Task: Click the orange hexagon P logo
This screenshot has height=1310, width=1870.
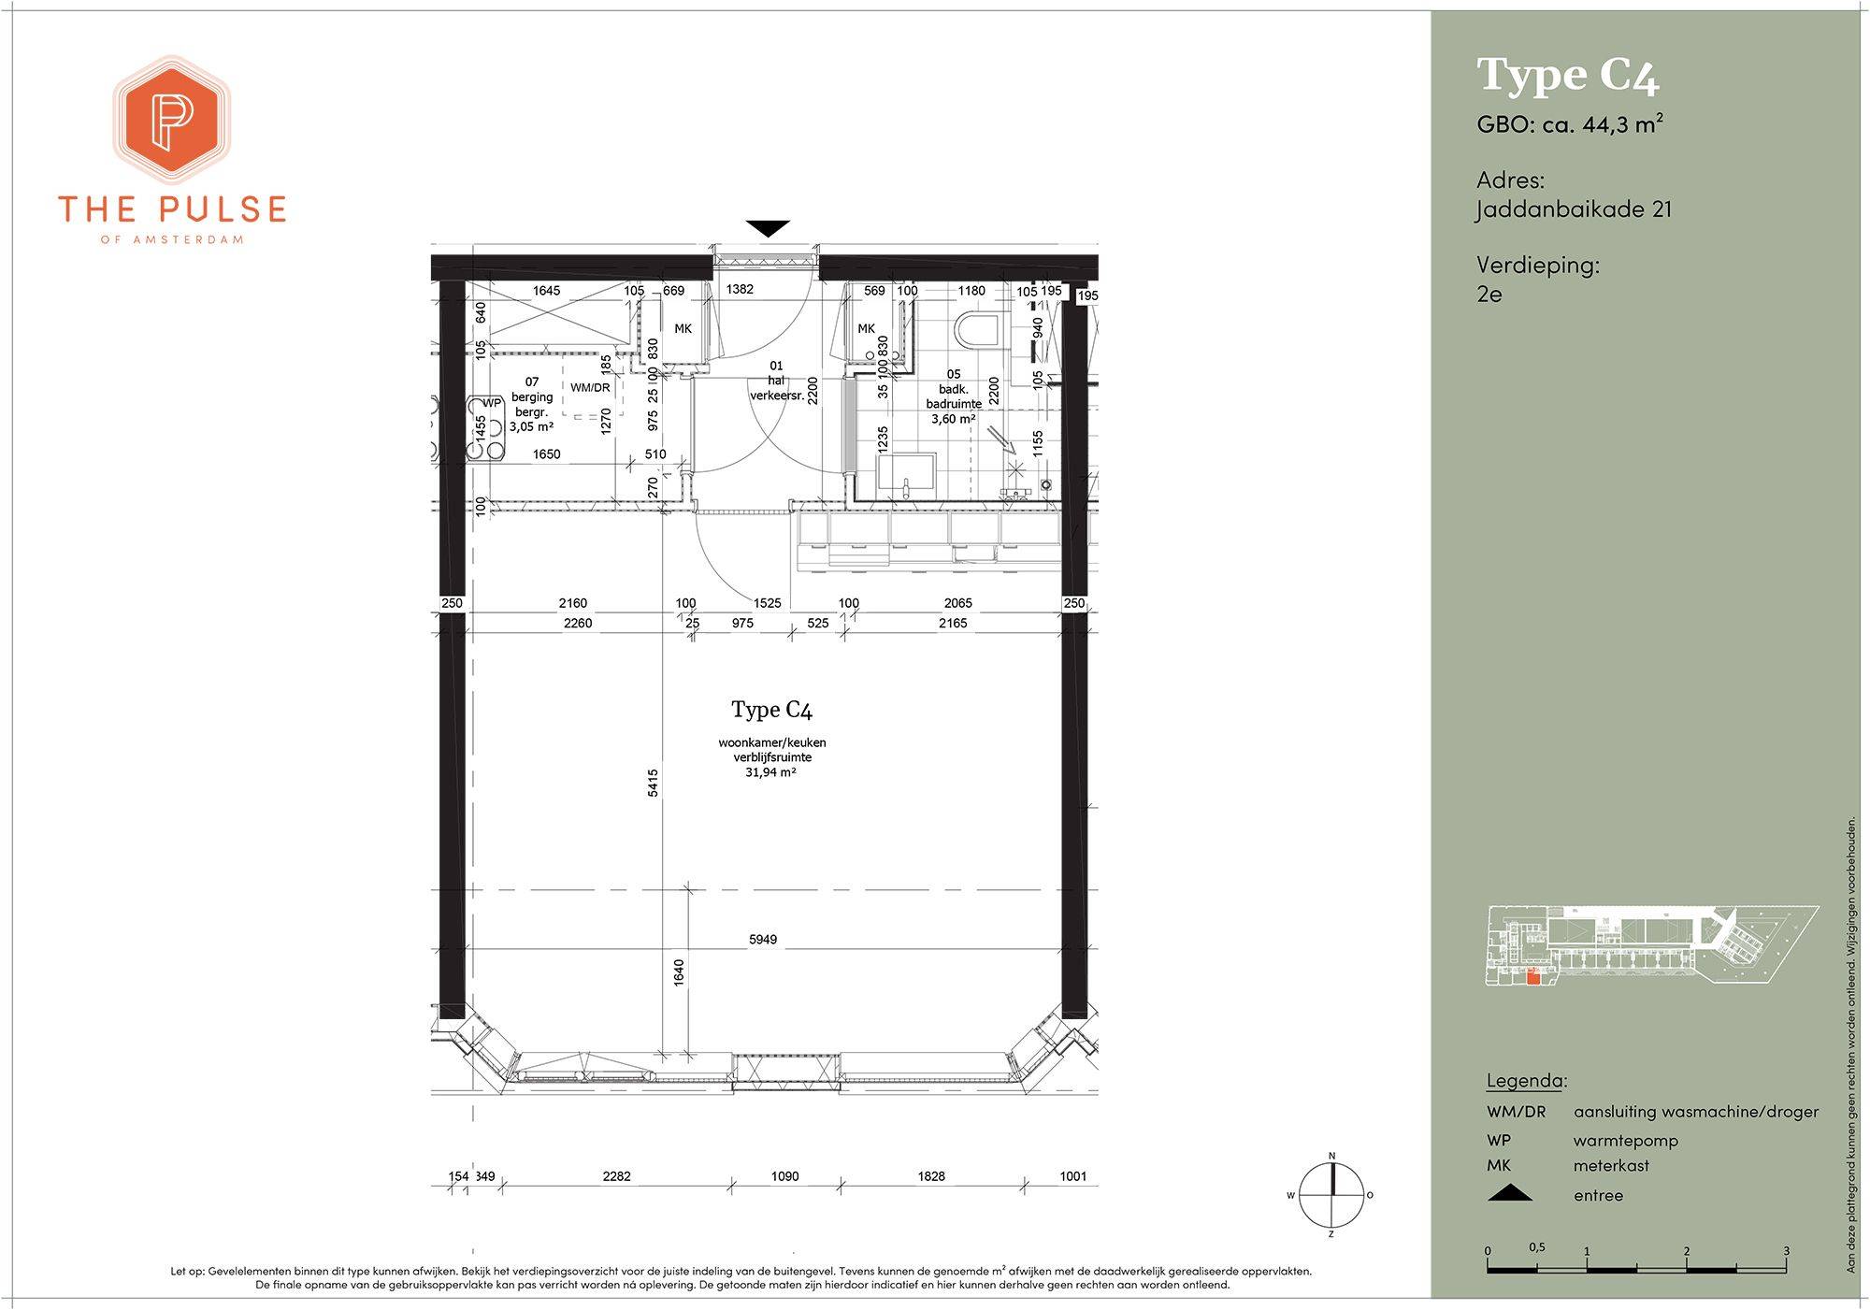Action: coord(172,120)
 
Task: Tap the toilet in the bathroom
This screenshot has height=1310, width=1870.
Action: coord(976,329)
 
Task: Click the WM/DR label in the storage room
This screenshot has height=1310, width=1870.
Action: coord(590,388)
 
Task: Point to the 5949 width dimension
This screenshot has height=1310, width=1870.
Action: coord(763,940)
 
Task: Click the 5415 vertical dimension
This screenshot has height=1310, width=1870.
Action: coord(654,783)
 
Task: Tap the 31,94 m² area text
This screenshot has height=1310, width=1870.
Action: coord(770,773)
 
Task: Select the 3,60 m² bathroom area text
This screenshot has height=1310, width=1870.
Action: coord(954,419)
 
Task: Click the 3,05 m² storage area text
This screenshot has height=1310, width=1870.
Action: coord(532,426)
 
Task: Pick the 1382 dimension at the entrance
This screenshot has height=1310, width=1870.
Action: coord(740,289)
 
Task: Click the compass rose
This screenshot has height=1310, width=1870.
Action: coord(1331,1195)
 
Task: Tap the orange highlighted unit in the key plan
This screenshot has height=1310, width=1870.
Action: coord(1532,978)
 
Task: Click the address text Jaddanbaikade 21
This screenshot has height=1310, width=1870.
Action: coord(1575,209)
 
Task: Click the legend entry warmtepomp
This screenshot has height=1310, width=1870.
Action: coord(1626,1141)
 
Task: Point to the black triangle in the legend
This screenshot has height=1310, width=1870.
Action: coord(1510,1193)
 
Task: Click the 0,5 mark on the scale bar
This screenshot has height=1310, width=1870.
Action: coord(1537,1247)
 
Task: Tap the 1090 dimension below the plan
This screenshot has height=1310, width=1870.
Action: coord(785,1176)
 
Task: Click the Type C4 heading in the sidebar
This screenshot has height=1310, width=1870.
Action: coord(1568,76)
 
